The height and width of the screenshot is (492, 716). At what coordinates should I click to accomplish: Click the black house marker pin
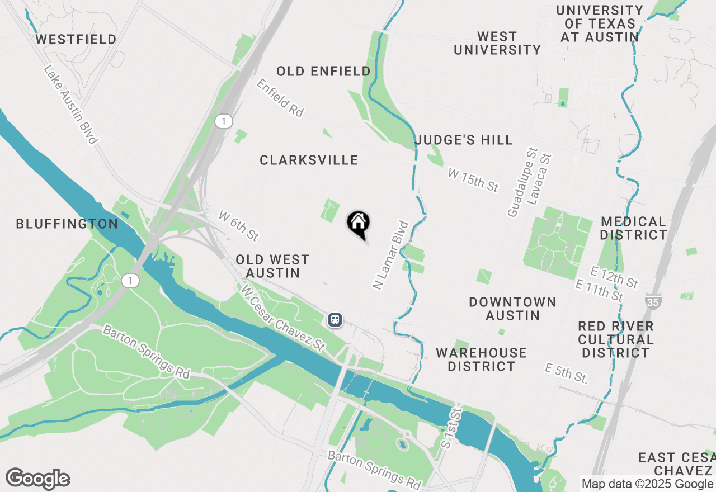coord(359,224)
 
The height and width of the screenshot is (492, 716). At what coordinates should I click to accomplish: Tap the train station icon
coord(335,320)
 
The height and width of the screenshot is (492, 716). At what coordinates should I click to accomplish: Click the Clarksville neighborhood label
coord(309,160)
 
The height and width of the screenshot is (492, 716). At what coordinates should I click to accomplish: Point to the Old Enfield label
coord(323,72)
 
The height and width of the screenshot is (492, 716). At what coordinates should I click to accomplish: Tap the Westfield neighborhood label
coord(76,39)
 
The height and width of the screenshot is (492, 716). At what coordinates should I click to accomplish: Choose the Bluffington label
coord(67,224)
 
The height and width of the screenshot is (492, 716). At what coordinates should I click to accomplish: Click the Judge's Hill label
coord(464,140)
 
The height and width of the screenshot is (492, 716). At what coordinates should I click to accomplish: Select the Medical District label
coord(633,228)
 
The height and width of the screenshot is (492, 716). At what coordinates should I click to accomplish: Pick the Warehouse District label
coord(481,359)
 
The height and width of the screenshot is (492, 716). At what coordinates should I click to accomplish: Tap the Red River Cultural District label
coord(615,339)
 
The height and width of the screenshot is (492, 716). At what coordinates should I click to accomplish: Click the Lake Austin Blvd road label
coord(70,105)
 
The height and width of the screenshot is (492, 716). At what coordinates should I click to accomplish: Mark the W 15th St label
coord(473,180)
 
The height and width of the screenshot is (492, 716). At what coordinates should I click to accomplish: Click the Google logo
coord(38,479)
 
